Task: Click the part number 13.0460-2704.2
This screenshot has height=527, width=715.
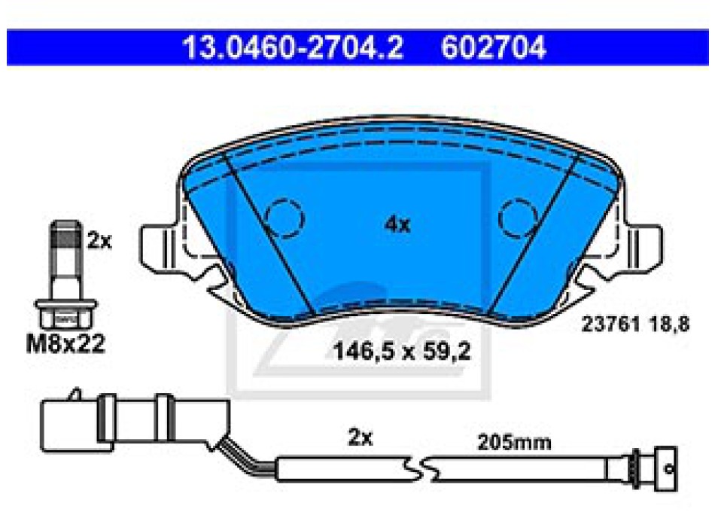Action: coord(293,47)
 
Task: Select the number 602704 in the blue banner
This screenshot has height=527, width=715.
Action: coord(494,47)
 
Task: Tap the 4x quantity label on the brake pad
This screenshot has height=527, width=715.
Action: coord(397,224)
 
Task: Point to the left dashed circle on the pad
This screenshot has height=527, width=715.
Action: coord(285,218)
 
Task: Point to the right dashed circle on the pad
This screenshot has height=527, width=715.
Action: coord(519,218)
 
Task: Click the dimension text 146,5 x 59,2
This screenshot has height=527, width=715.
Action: coord(402,352)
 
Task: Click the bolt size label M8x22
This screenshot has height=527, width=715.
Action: coord(65,343)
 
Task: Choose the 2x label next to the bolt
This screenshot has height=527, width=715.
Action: coord(99,241)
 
